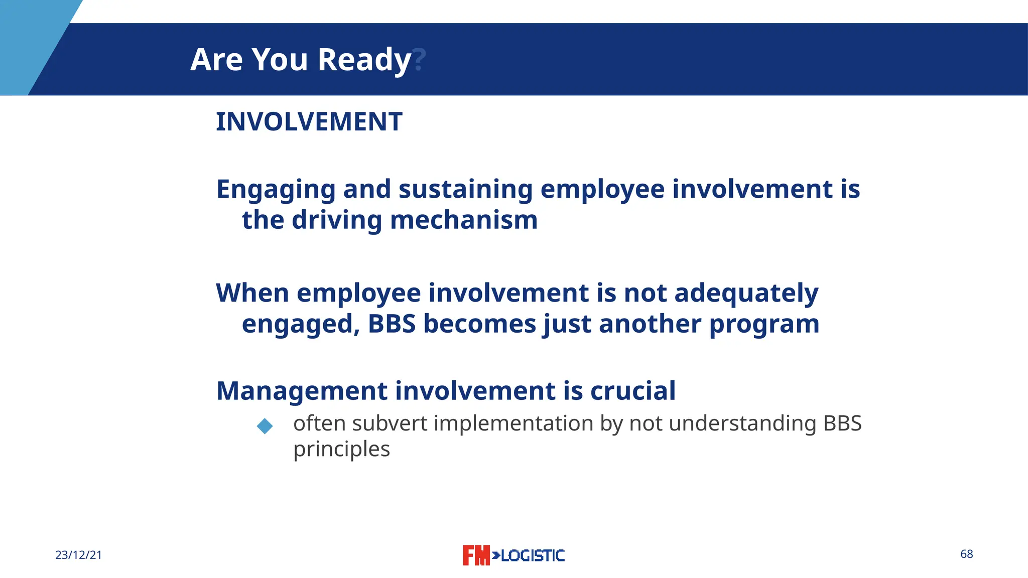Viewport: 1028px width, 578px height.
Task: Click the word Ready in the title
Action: coord(364,60)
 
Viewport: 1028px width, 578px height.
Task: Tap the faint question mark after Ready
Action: coord(419,60)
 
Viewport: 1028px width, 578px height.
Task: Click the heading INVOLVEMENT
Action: coord(309,122)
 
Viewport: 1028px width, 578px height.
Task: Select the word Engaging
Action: coord(276,190)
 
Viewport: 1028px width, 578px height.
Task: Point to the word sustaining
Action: coord(465,190)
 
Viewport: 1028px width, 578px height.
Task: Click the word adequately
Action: coord(746,294)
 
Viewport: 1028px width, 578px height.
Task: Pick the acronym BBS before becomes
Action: coord(392,324)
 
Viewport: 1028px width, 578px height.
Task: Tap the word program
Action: coord(764,325)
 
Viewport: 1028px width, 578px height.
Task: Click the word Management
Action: coord(302,391)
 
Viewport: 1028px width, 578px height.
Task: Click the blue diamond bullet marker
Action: coord(265,426)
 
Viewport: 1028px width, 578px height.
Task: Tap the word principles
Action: coord(341,450)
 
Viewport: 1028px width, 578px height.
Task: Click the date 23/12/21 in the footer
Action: coord(78,555)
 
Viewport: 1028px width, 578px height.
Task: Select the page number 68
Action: coord(966,554)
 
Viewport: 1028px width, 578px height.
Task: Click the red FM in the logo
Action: coord(475,555)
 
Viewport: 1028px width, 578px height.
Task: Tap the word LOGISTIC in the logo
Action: coord(532,555)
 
